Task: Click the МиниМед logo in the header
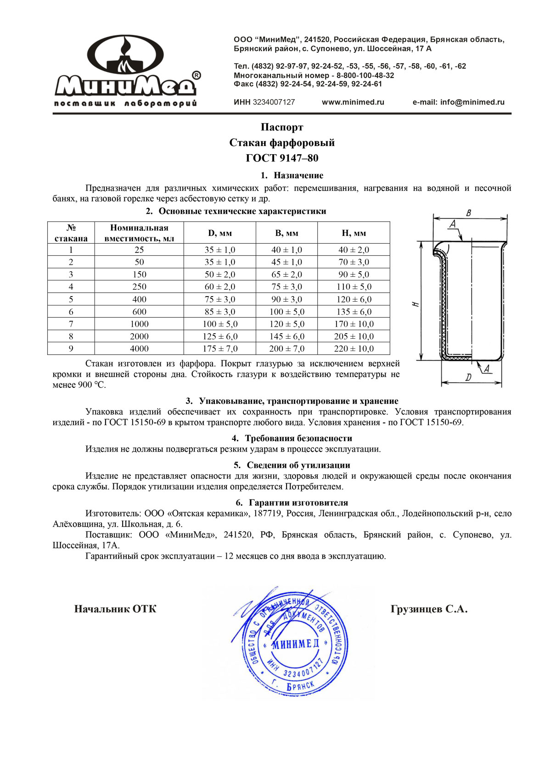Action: [127, 71]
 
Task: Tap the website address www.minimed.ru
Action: [353, 102]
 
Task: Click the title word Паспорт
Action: [282, 127]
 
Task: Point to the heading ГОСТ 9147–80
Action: [282, 158]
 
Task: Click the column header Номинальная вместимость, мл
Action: [139, 233]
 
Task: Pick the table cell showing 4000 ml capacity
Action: [139, 349]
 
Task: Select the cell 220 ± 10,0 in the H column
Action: [354, 349]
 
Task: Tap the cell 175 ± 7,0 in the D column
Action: [220, 349]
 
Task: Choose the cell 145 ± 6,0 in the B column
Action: [287, 336]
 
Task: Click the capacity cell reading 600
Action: [139, 312]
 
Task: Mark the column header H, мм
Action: [354, 233]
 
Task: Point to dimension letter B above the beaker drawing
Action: [468, 213]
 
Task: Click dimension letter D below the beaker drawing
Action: [468, 378]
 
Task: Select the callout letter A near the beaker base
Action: [487, 369]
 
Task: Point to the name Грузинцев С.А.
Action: [429, 610]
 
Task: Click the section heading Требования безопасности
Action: [298, 438]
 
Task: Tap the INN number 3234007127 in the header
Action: [274, 102]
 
